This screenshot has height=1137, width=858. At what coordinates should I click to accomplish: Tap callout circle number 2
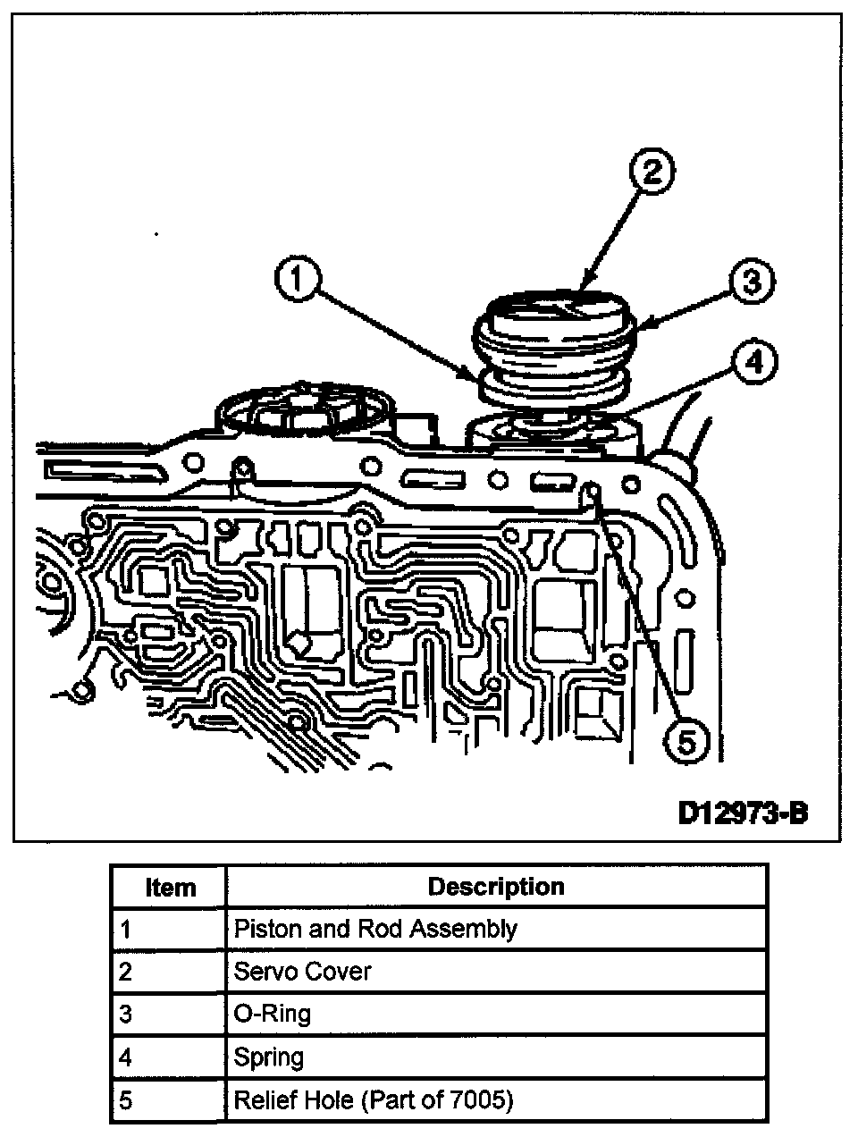pos(652,173)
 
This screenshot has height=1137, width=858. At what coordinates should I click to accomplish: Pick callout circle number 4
pos(753,363)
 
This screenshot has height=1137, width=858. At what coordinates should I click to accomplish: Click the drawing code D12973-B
pos(743,813)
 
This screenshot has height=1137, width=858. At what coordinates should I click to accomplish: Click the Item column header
pos(170,888)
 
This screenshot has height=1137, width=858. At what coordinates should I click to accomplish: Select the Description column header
pos(496,887)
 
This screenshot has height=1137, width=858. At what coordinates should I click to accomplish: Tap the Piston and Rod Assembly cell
pos(375,930)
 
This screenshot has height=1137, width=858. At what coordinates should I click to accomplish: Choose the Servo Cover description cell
pos(302,972)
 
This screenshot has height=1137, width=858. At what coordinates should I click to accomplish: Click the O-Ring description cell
pos(273,1015)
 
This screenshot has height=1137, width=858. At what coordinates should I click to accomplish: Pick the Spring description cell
pos(269,1057)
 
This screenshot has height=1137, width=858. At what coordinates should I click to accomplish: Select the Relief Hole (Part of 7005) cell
pos(374,1100)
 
